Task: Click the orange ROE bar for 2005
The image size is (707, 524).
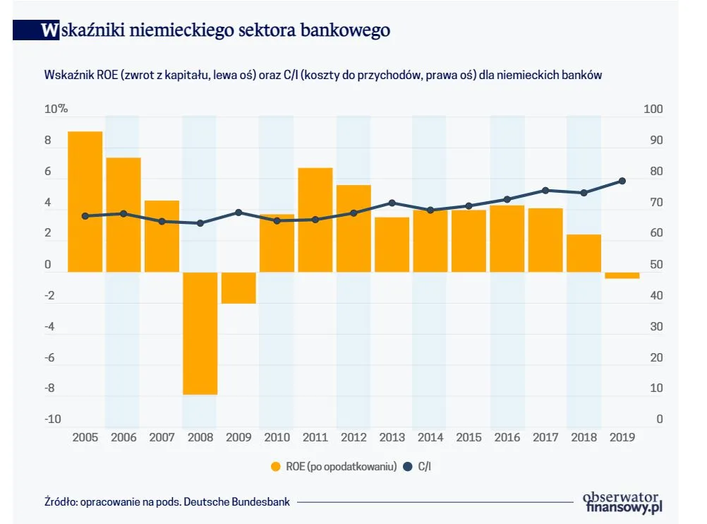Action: (85, 201)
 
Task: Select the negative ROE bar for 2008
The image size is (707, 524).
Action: (200, 333)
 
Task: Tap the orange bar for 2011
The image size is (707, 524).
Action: (315, 220)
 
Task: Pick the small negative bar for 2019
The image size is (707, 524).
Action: (622, 275)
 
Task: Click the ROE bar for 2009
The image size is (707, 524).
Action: (238, 287)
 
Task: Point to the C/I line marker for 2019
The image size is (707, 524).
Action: (622, 181)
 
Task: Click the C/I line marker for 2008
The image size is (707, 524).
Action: (200, 223)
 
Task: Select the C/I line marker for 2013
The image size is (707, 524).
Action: (392, 203)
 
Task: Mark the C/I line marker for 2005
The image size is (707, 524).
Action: (85, 216)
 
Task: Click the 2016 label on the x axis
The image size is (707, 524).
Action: (507, 437)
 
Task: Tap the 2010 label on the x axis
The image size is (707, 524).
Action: (277, 437)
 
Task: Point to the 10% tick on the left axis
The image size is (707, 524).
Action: (56, 109)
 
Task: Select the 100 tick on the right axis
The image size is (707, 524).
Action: (653, 109)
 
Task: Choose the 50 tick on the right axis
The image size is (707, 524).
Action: (655, 265)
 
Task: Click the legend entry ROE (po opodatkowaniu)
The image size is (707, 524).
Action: (332, 466)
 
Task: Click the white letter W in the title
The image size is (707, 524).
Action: (49, 30)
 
